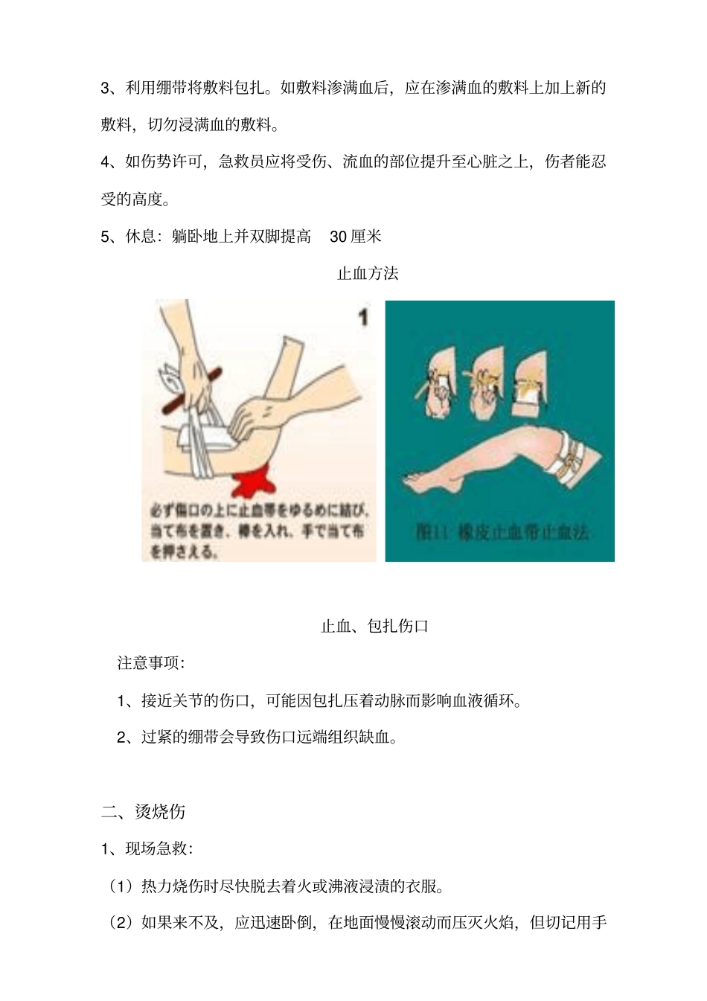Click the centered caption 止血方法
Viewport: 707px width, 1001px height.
(368, 274)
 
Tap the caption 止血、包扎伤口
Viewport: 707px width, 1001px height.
(374, 626)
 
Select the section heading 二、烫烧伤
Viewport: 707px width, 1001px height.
(143, 811)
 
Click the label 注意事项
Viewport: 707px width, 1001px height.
(150, 662)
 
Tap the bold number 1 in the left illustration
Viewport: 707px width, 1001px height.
(362, 318)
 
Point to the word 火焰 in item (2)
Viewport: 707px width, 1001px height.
(498, 923)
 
